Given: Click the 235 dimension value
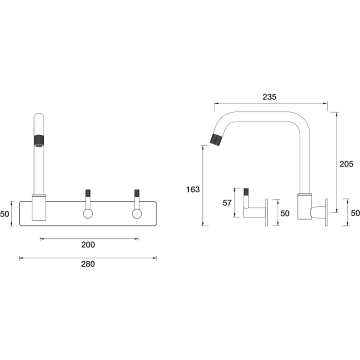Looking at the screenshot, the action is coord(269,97).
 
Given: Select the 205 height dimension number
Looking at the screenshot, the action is coord(346,164).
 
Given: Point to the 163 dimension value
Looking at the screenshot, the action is coord(193,189).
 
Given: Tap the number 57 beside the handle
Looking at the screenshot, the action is coord(227,203).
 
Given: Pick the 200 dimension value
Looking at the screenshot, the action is coord(88,245).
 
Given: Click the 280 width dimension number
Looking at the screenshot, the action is coord(88,264).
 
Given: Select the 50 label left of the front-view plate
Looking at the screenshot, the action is coord(5,214).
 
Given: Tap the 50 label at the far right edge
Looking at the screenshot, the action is coord(355,213).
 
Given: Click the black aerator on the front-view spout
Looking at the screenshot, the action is coord(39,140).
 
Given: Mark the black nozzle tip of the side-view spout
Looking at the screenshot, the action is coord(216,139).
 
